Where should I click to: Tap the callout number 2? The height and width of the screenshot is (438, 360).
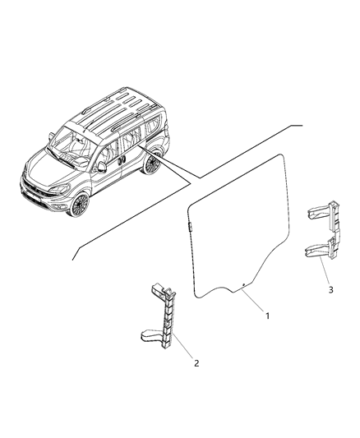tap(196, 362)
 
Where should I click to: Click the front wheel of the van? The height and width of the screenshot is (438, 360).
tap(81, 203)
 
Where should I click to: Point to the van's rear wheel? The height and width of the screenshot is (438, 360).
tap(150, 164)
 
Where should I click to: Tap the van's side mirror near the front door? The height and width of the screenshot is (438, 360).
tap(101, 166)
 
